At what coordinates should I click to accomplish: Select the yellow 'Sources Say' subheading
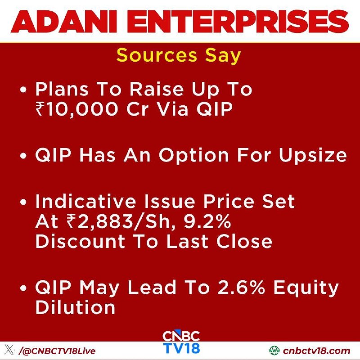click(179, 55)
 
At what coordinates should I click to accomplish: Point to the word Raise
click(157, 89)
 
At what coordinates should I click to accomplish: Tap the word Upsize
click(313, 156)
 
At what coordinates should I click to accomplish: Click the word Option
click(194, 155)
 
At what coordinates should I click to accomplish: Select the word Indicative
click(85, 201)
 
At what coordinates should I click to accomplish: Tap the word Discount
click(81, 241)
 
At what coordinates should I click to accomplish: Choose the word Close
click(244, 241)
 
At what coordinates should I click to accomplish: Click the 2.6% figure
click(241, 287)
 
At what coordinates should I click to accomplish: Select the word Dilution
click(75, 307)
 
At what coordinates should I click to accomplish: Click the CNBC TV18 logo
click(181, 342)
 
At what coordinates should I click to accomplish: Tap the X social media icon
click(9, 351)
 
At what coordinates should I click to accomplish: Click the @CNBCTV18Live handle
click(57, 351)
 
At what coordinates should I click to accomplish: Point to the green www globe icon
click(274, 351)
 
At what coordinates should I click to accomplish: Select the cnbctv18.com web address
click(317, 351)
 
